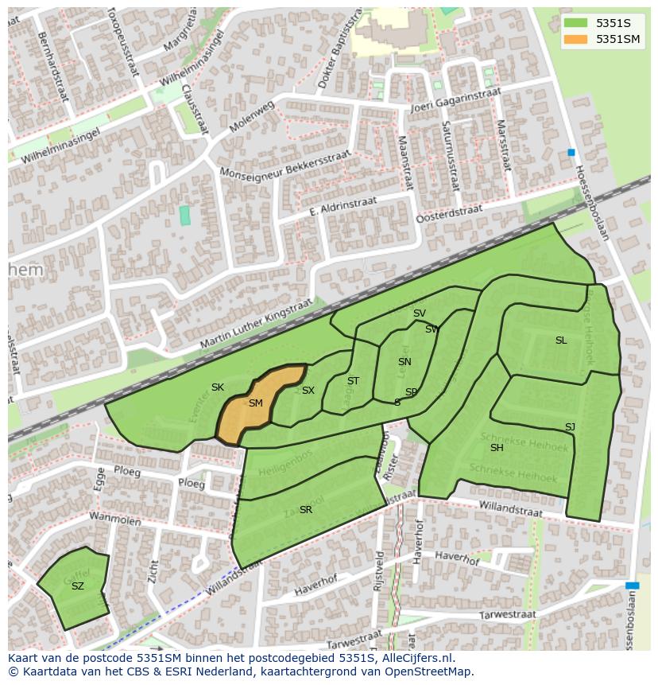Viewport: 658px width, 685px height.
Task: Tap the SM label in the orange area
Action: [255, 403]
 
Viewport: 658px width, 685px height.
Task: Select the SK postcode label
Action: [218, 387]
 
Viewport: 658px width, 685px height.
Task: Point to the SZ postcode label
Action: [78, 586]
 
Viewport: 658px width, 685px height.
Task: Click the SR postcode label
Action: [306, 510]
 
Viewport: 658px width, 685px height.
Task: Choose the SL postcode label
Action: [561, 341]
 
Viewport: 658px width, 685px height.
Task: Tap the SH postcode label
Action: [497, 448]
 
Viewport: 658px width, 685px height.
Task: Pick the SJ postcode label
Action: [570, 427]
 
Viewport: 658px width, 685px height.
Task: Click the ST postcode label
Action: [353, 381]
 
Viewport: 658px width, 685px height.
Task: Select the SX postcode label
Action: [308, 391]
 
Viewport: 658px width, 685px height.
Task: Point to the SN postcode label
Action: [404, 362]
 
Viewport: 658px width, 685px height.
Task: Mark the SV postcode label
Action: [420, 313]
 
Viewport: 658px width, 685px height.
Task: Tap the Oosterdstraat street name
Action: [449, 212]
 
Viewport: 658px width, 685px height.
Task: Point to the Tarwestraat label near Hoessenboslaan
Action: [508, 615]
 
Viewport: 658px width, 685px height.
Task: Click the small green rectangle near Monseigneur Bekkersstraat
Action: [185, 215]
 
